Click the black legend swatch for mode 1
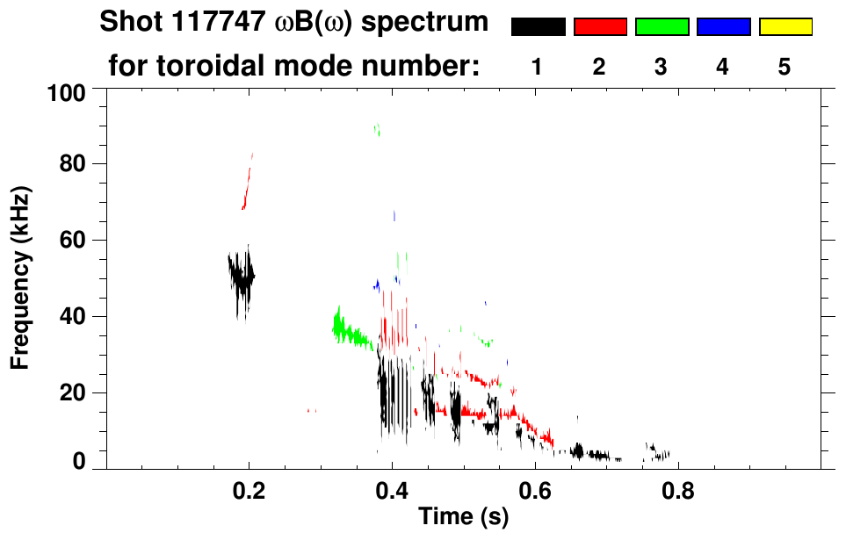pos(538,27)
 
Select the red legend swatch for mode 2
pos(600,27)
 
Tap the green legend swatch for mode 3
pos(662,27)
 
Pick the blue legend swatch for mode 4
pos(723,27)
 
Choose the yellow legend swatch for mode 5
pos(785,27)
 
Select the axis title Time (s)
pos(462,518)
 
